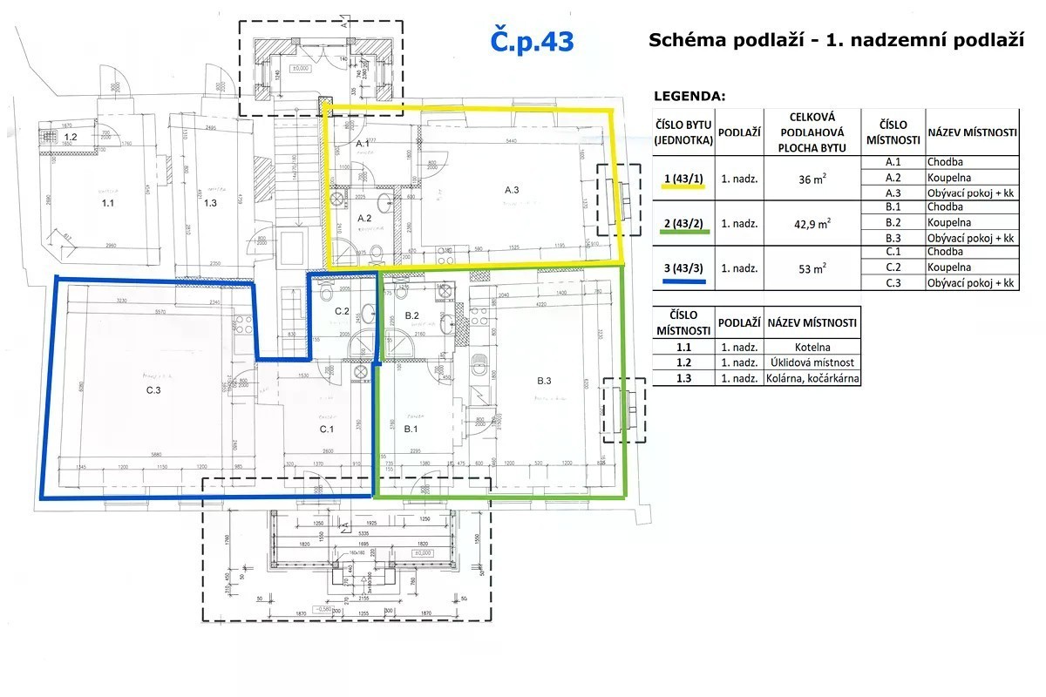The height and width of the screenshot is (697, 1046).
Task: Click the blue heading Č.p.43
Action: pos(532,41)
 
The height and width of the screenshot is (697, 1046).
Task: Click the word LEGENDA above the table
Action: pos(689,96)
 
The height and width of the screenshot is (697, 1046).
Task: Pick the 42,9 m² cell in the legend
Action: pos(812,224)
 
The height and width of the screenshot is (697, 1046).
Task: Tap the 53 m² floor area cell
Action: pos(812,269)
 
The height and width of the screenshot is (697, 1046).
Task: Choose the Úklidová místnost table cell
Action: pos(812,363)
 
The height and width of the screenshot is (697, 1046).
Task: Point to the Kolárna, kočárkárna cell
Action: pos(812,379)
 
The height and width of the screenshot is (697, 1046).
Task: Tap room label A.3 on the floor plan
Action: pos(512,190)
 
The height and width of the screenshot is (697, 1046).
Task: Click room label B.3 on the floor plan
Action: pos(545,381)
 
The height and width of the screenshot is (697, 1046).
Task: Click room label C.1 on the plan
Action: pos(327,429)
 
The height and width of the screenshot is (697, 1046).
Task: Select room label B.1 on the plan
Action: pos(411,429)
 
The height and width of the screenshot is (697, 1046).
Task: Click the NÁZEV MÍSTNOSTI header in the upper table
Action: pos(972,132)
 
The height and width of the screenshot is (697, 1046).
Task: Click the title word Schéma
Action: pos(685,41)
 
